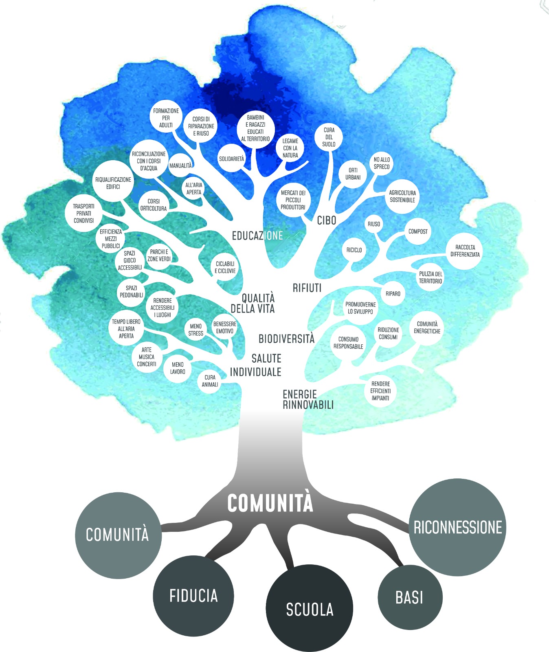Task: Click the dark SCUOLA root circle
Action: click(x=310, y=608)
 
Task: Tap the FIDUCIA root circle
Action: click(x=193, y=596)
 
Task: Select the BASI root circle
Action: click(x=410, y=597)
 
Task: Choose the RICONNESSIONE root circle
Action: click(x=457, y=527)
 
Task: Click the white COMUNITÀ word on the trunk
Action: click(x=270, y=503)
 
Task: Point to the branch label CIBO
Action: click(x=327, y=220)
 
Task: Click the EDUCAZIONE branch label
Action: click(x=257, y=236)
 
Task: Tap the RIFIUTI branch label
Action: click(x=307, y=288)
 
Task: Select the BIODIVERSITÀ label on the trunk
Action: click(x=287, y=339)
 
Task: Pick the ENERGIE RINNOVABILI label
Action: click(x=308, y=399)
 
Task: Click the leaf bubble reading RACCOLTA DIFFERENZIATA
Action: click(x=465, y=251)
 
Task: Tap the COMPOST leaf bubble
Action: click(x=418, y=231)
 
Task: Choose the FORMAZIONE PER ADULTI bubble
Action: click(x=166, y=117)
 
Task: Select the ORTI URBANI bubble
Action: click(x=353, y=174)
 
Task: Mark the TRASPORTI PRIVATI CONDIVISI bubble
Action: click(x=84, y=213)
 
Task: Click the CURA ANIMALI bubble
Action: click(x=210, y=381)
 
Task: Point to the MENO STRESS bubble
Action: click(x=196, y=330)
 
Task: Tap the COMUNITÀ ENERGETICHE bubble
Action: click(x=427, y=328)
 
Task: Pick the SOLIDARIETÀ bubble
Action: click(x=232, y=158)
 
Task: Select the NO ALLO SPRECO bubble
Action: click(x=382, y=163)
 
